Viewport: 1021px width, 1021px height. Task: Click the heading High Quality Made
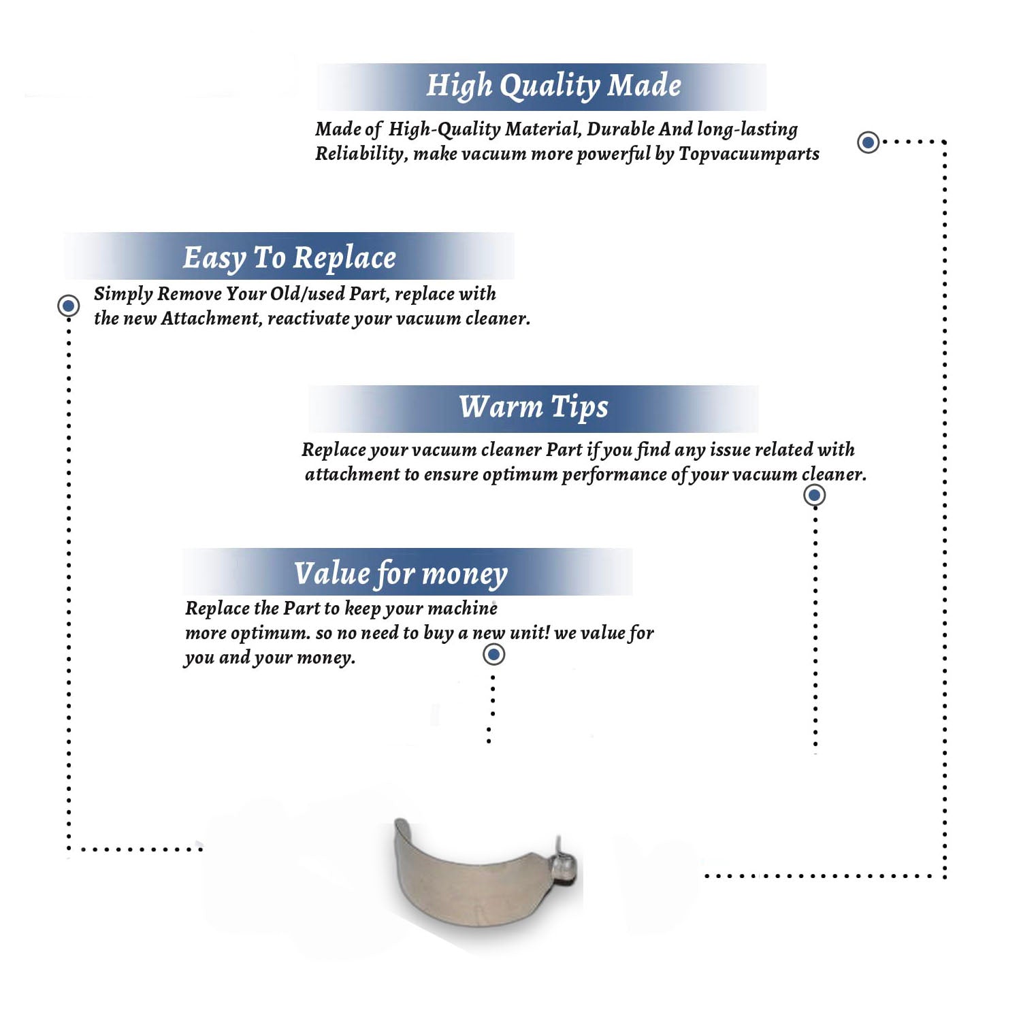coord(553,86)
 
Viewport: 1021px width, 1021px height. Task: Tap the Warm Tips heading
coord(533,408)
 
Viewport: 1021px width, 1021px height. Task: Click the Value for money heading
coord(401,574)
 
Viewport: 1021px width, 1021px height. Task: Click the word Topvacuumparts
coord(749,155)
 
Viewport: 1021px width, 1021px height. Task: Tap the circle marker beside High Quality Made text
coord(868,142)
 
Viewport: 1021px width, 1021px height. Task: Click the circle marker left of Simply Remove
coord(68,306)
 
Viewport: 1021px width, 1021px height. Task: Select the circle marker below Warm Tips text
coord(814,495)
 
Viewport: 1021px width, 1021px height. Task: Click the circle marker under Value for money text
coord(493,654)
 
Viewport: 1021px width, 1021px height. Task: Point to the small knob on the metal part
coord(564,866)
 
